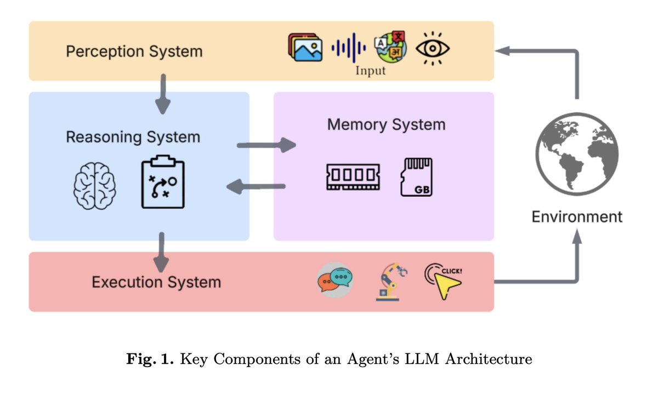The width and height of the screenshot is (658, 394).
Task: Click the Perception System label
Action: [134, 52]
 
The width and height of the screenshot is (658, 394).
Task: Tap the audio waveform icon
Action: [349, 48]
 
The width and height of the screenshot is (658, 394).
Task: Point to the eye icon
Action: [433, 49]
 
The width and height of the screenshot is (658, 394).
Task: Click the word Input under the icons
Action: [370, 71]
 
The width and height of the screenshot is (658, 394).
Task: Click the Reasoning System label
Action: [133, 136]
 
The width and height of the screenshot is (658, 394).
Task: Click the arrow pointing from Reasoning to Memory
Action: [266, 145]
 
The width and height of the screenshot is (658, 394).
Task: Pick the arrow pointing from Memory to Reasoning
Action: [256, 187]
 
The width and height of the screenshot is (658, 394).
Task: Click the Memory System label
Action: [386, 124]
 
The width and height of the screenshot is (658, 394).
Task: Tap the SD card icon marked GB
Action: [417, 176]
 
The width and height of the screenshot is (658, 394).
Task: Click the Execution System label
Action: [156, 282]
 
